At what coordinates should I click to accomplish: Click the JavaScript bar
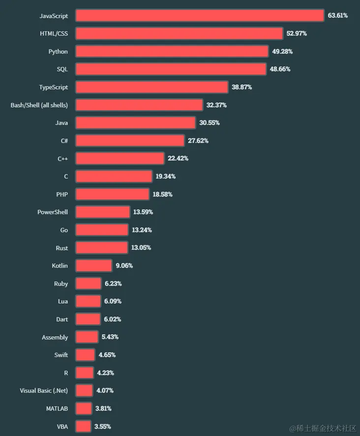[x=200, y=16]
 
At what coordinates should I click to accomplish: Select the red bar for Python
[x=172, y=52]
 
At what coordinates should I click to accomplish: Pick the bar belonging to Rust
[x=101, y=248]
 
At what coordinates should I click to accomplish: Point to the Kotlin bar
[x=93, y=266]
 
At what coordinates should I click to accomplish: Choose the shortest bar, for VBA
[x=83, y=426]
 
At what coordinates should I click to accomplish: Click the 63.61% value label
[x=338, y=16]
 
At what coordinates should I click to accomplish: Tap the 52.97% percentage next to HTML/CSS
[x=296, y=33]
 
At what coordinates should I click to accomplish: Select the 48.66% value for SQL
[x=280, y=69]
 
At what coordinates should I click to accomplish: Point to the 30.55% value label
[x=209, y=123]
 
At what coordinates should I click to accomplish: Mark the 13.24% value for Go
[x=142, y=230]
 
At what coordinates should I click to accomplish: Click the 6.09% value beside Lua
[x=113, y=301]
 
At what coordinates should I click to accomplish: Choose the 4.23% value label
[x=105, y=373]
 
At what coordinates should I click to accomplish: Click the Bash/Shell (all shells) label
[x=39, y=105]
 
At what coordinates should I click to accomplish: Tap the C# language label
[x=64, y=141]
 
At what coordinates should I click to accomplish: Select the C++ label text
[x=62, y=158]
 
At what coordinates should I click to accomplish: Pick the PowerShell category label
[x=53, y=212]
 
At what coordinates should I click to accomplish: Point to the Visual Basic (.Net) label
[x=44, y=390]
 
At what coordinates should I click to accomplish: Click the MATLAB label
[x=58, y=408]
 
